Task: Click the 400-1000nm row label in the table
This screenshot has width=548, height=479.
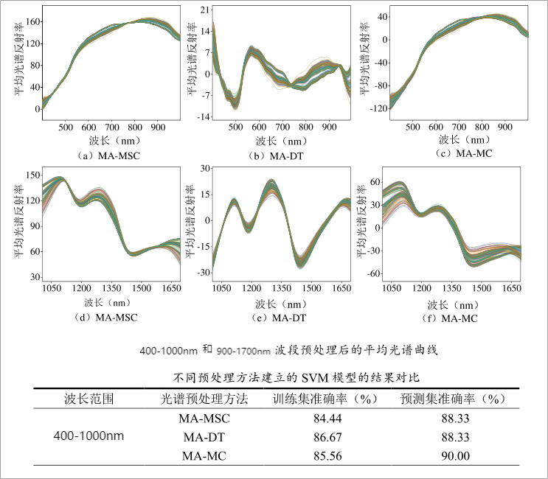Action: [89, 436]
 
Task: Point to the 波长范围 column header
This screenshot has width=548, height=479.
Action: [89, 399]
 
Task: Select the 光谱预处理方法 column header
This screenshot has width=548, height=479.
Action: [205, 399]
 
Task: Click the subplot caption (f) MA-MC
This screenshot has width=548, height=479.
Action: [455, 318]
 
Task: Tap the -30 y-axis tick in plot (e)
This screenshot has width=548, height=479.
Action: [201, 273]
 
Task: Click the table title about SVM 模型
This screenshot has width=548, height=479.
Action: [296, 378]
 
